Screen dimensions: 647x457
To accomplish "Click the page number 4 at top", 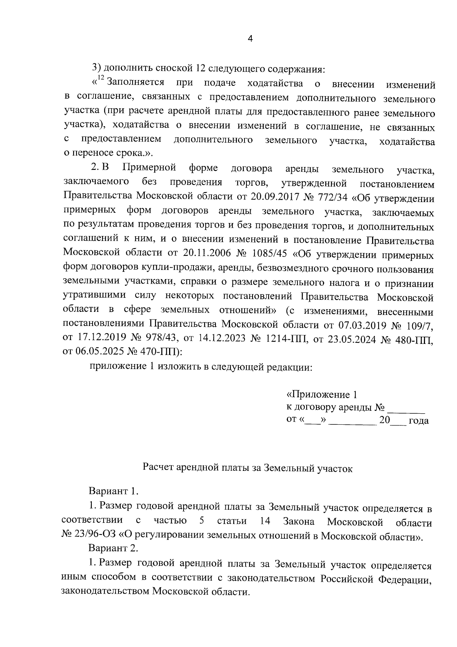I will (250, 39).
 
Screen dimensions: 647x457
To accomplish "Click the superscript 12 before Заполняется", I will (101, 79).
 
